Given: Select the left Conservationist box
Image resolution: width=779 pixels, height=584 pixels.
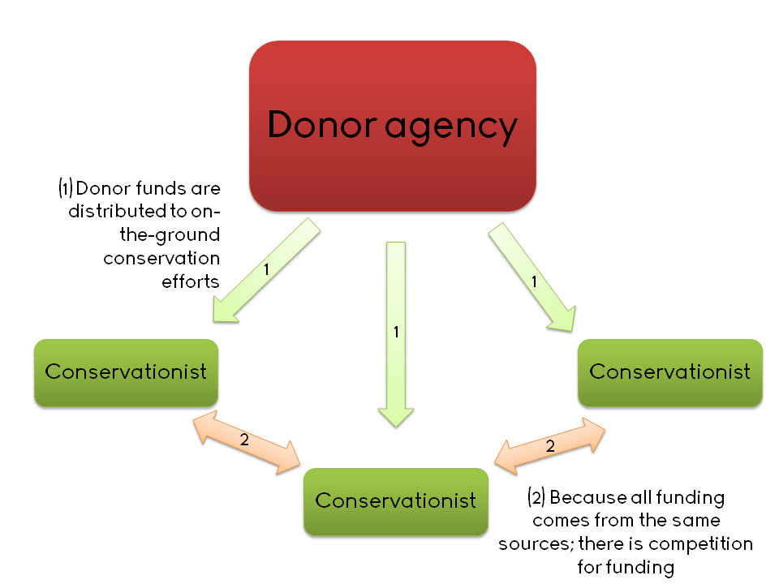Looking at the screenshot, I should click(x=126, y=372).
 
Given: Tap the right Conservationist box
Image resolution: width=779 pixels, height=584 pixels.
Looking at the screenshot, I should click(x=669, y=372).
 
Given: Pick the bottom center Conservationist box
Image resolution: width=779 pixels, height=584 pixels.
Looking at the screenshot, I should click(x=395, y=500).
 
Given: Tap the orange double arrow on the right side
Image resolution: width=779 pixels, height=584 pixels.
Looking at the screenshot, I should click(x=550, y=445).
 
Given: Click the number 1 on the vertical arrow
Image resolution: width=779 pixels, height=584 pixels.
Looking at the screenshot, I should click(x=396, y=332).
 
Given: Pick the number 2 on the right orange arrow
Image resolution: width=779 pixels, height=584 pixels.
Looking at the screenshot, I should click(x=550, y=446).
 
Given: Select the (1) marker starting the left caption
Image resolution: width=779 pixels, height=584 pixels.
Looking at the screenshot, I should click(x=66, y=189).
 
